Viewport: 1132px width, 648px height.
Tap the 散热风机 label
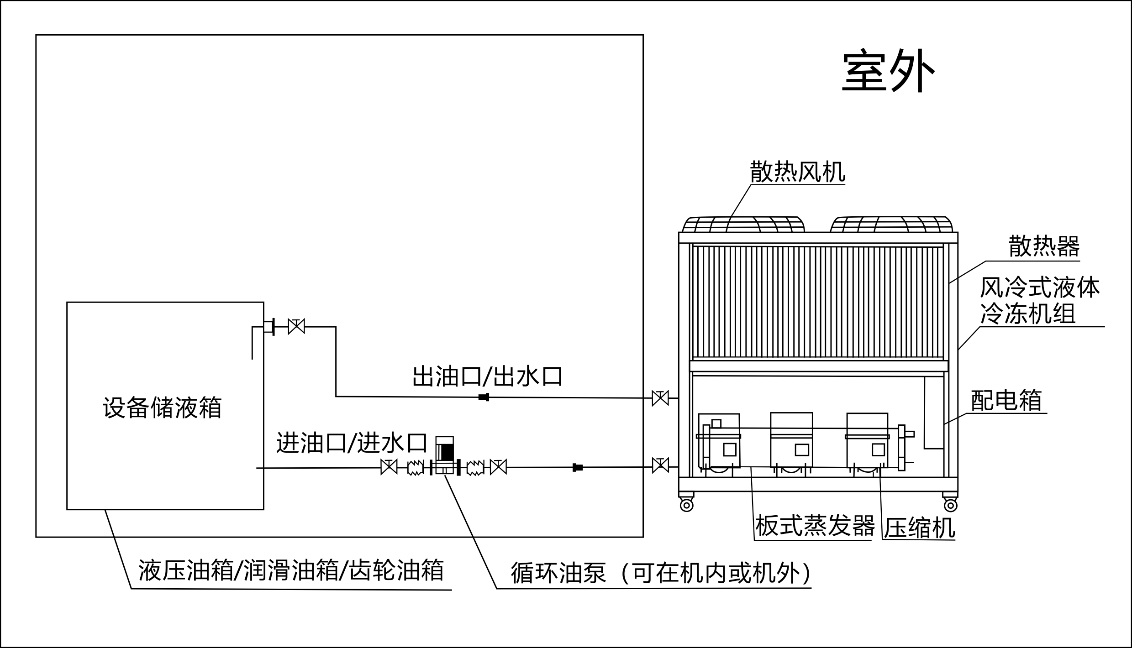(x=797, y=172)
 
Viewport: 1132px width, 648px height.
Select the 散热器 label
(x=1044, y=246)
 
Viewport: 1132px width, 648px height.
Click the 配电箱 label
(x=1006, y=400)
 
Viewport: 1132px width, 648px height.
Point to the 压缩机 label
(x=919, y=528)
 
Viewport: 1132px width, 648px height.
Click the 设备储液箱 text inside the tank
(x=162, y=408)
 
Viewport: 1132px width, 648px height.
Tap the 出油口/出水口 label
(x=487, y=376)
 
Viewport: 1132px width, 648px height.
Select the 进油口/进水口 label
(x=352, y=443)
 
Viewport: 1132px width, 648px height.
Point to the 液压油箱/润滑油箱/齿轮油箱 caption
(x=291, y=570)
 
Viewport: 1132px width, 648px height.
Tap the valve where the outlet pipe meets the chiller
(x=660, y=398)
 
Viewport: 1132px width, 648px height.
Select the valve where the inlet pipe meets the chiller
(x=660, y=465)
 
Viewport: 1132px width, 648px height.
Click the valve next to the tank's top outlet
(x=296, y=327)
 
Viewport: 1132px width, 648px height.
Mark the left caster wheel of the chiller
(x=686, y=505)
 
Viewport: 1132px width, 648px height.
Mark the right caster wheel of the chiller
(x=950, y=505)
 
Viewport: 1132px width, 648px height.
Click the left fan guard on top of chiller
(x=743, y=225)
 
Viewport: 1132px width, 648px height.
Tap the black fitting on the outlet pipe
(x=484, y=397)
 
